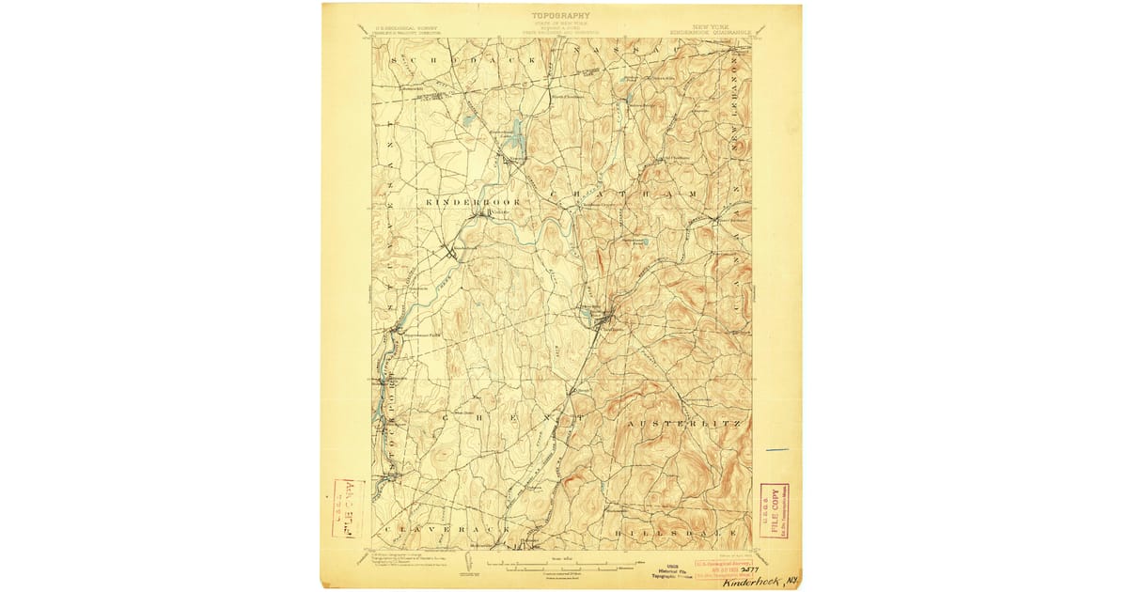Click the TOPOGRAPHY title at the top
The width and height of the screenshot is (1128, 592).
pos(562,15)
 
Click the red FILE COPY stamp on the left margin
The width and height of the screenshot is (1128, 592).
pos(349,507)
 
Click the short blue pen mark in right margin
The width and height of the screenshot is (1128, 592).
pos(776,450)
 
